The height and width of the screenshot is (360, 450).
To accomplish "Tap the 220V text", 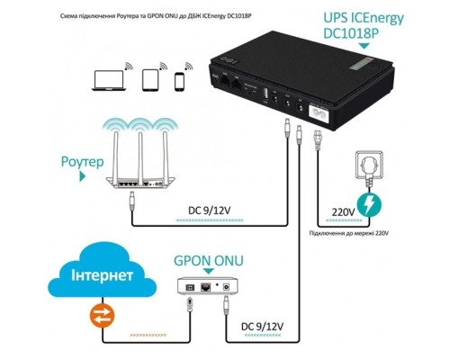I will (x=343, y=212).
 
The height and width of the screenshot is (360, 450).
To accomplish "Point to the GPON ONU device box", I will (x=209, y=287).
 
